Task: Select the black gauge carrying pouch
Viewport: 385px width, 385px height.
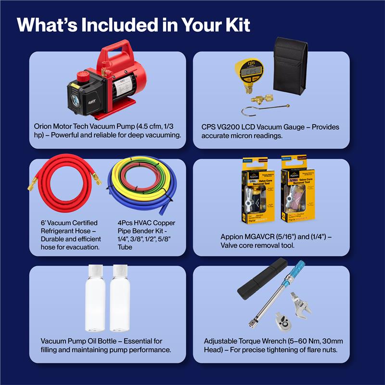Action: [291, 67]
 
